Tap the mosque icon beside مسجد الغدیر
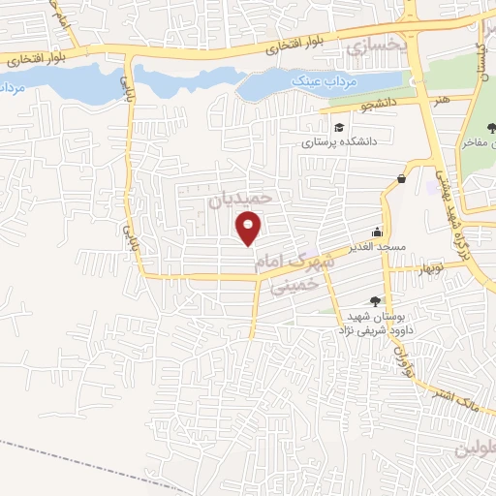pos(377,233)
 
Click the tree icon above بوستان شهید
pos(375,301)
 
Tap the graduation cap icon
pos(338,127)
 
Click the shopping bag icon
pos(401,178)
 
